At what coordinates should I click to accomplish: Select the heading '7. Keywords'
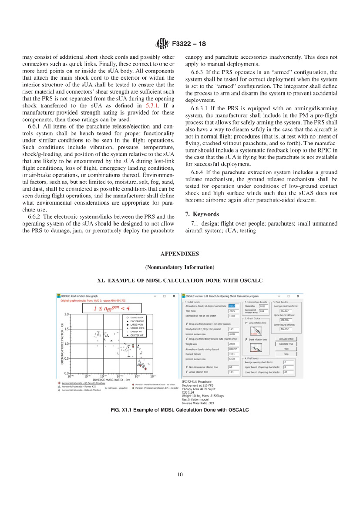pos(202,214)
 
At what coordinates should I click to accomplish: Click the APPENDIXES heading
pos(179,253)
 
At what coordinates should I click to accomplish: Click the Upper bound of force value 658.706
pos(286,320)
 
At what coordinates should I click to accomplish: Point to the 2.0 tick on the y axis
pos(67,313)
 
